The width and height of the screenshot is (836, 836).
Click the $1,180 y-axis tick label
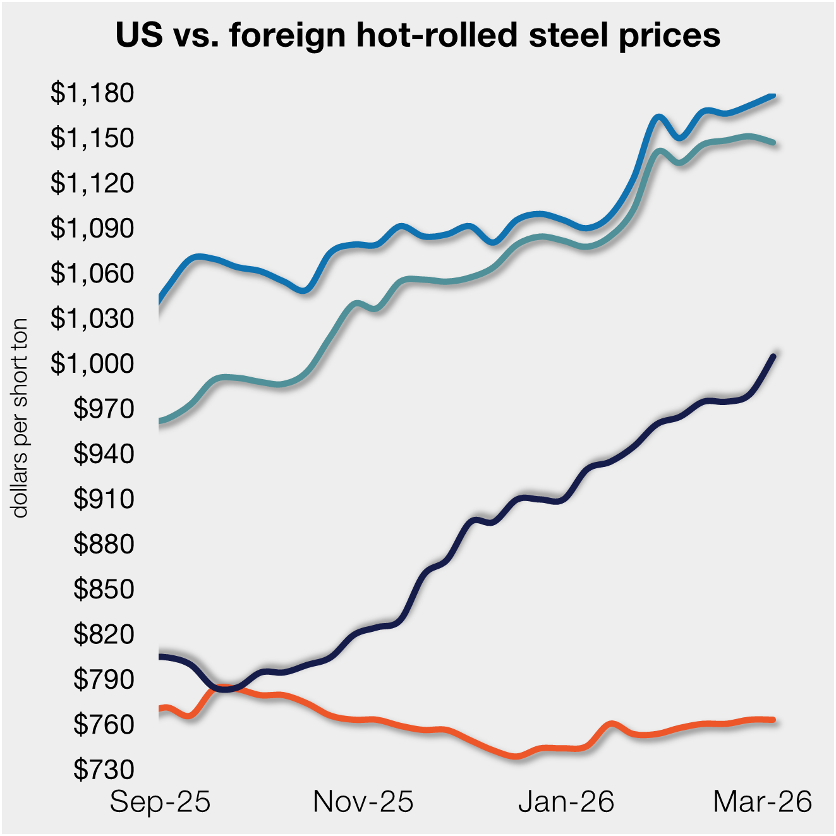coord(92,93)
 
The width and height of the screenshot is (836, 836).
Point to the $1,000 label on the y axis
coord(92,363)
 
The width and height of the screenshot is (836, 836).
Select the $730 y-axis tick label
coord(104,769)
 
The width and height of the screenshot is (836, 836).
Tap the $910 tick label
coord(104,499)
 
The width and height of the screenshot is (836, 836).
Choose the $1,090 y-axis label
coord(92,228)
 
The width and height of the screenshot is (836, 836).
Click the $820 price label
coord(104,634)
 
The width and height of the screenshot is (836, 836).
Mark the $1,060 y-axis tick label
coord(92,273)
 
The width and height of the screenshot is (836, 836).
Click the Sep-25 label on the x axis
coord(160,802)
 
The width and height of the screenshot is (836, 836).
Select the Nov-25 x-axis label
coord(363,802)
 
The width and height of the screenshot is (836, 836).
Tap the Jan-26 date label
coord(566,802)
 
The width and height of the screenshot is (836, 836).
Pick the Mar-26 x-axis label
coord(762,802)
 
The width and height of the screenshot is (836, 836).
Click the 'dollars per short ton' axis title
coord(20,418)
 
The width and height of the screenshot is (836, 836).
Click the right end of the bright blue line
coord(773,96)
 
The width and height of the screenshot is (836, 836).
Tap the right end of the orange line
coord(773,720)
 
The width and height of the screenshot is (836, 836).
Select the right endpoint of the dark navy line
coord(773,356)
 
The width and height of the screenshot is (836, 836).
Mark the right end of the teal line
coord(773,143)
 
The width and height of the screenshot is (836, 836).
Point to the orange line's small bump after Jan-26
coord(611,724)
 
